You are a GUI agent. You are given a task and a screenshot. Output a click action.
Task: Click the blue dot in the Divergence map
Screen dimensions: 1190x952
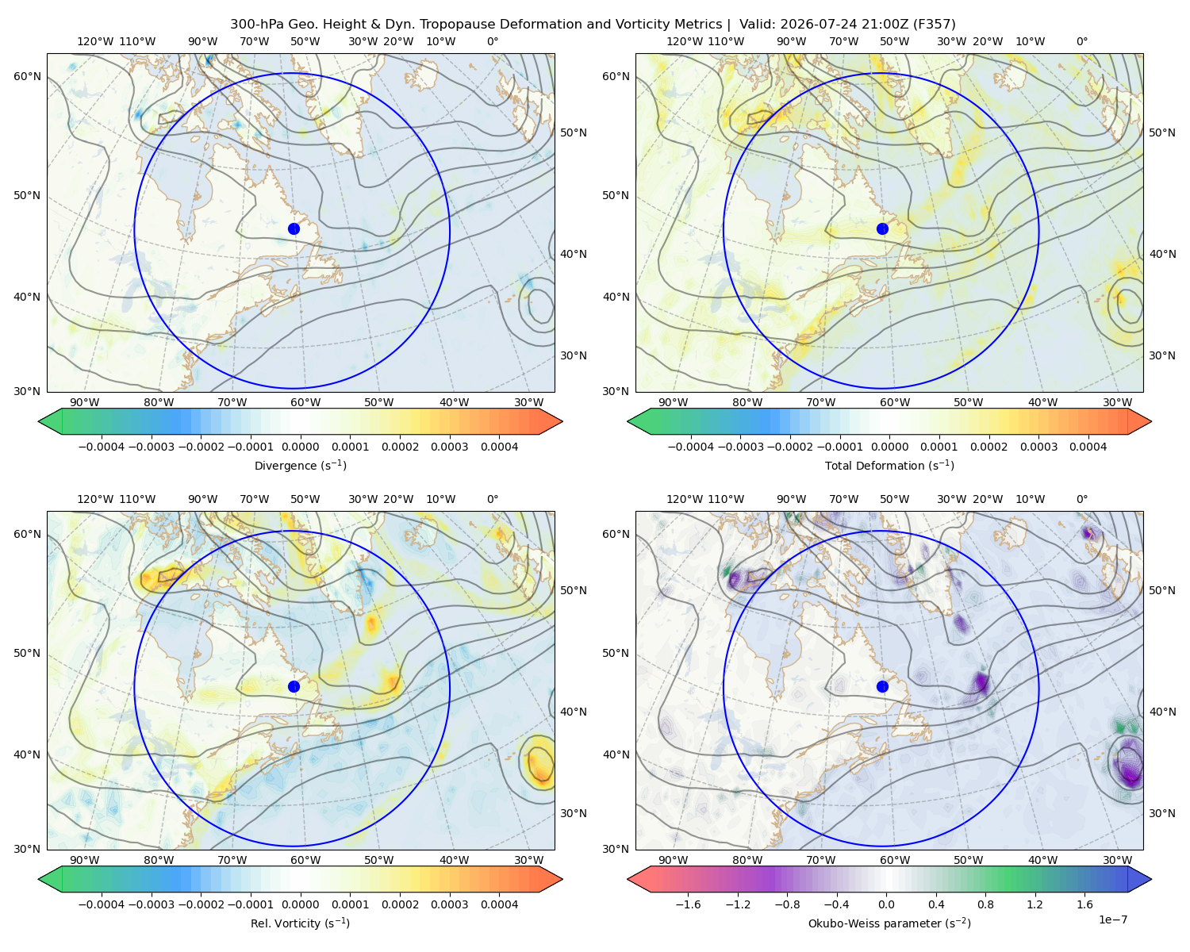[x=294, y=228]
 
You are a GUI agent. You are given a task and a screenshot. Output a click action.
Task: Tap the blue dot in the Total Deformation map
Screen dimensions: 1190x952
[x=882, y=228]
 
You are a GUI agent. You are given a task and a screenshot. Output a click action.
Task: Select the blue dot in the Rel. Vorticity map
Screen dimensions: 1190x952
[x=294, y=686]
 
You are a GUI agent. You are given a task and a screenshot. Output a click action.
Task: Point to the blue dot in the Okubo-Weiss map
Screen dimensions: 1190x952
[x=882, y=686]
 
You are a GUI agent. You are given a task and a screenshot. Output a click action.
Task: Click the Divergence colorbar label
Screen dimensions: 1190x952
[x=300, y=465]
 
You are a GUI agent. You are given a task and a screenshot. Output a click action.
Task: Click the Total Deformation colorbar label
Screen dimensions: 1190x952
[x=889, y=465]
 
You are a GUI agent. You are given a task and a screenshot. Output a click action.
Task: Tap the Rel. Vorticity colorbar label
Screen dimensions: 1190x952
[x=300, y=923]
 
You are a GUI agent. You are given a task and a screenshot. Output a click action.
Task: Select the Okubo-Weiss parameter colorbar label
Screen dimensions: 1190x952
[x=889, y=923]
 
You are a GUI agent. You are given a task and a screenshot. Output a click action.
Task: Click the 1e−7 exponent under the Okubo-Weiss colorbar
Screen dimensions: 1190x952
[x=1112, y=919]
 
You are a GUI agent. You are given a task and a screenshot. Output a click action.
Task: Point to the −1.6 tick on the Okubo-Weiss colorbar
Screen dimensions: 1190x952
[x=688, y=904]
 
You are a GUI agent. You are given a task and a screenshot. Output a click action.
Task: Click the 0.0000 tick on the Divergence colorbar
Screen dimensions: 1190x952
[x=300, y=447]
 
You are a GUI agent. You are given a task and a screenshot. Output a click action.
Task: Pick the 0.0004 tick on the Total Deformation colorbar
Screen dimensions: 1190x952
[x=1088, y=447]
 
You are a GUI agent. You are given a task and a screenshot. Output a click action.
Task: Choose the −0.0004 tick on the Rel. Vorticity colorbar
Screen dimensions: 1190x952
[x=102, y=904]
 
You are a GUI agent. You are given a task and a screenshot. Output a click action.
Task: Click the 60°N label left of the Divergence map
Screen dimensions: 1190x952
[x=27, y=76]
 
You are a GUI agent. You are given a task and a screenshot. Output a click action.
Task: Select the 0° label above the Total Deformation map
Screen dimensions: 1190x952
[x=1082, y=41]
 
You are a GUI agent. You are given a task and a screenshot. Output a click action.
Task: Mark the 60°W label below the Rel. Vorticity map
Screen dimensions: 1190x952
[x=305, y=860]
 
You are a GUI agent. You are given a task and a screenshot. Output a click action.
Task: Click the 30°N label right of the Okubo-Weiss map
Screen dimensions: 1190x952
[x=1162, y=813]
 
